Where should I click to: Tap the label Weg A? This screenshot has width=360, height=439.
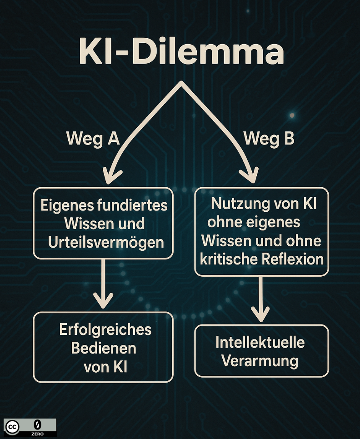93,138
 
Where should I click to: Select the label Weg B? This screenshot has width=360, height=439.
269,138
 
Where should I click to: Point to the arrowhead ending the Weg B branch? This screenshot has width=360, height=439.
249,175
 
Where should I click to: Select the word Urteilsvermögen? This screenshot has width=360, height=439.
106,242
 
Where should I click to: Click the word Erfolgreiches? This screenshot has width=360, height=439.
105,329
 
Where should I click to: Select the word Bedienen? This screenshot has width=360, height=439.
103,348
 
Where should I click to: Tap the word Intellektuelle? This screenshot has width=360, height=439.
260,342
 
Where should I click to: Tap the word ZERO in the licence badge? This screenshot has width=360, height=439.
37,434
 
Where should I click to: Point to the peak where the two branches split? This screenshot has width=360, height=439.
181,83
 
